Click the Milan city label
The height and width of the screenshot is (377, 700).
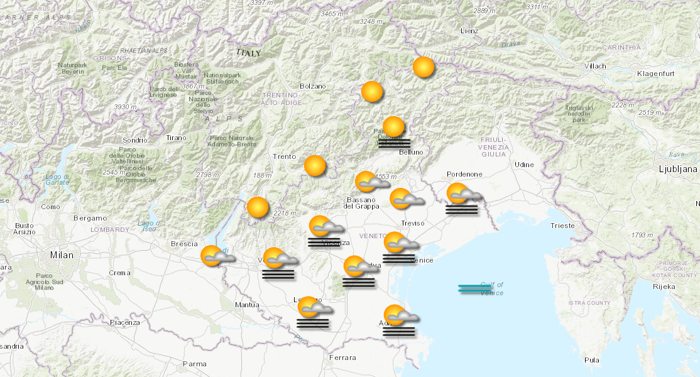[x=62, y=255]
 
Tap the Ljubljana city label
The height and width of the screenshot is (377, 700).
[x=678, y=169]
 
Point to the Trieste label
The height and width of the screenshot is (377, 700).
[x=562, y=226]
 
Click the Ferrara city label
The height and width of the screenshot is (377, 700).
[x=342, y=358]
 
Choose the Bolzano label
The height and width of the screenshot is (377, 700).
[x=313, y=86]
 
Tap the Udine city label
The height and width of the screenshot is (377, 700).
[x=523, y=165]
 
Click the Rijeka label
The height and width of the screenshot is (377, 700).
[x=665, y=287]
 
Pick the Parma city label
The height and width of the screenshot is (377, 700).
[x=194, y=364]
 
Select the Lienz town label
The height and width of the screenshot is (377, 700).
[x=469, y=31]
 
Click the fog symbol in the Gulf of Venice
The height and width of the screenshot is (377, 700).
[x=475, y=288]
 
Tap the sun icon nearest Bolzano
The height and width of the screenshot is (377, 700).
[x=372, y=92]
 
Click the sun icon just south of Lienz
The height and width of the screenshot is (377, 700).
[x=424, y=67]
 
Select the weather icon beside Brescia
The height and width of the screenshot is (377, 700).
[x=216, y=256]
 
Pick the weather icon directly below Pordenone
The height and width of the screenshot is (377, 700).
[x=462, y=198]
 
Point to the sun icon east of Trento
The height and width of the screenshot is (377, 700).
[x=315, y=166]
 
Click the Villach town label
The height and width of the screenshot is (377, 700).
[x=594, y=66]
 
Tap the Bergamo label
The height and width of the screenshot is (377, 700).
[x=90, y=218]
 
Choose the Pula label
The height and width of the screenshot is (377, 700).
[x=591, y=360]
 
